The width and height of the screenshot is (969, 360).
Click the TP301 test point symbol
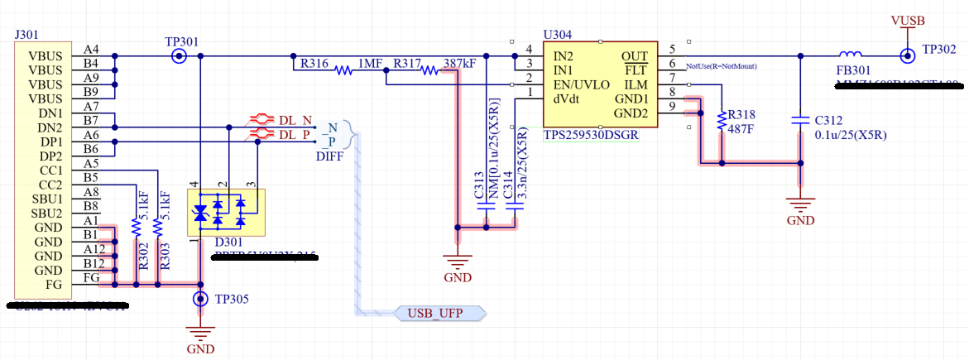[x=178, y=56]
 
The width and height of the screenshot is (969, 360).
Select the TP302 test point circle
[x=908, y=56]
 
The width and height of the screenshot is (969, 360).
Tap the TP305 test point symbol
[x=200, y=300]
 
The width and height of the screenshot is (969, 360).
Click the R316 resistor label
[x=314, y=63]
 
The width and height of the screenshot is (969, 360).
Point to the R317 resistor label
[x=407, y=63]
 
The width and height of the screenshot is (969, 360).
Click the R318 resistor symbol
[x=722, y=121]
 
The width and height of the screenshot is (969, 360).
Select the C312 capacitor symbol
[x=800, y=120]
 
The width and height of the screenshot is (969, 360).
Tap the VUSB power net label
[x=908, y=21]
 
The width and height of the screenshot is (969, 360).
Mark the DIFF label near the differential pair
[x=329, y=155]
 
